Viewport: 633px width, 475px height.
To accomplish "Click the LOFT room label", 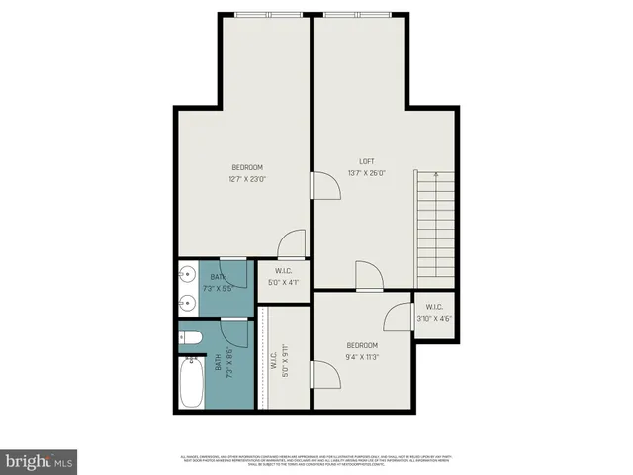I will tap(367, 161).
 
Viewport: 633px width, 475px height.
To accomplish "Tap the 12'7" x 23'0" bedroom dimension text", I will tap(248, 179).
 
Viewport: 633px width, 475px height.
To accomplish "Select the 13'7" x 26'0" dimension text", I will tap(367, 174).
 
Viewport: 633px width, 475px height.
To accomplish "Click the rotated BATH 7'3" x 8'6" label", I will tap(229, 361).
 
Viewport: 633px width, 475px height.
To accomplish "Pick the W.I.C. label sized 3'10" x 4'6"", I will tap(434, 313).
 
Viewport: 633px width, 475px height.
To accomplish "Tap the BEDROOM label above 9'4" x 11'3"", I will tap(363, 345).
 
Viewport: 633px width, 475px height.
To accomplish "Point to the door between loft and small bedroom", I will tap(368, 276).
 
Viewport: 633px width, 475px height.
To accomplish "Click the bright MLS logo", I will tap(39, 462).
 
